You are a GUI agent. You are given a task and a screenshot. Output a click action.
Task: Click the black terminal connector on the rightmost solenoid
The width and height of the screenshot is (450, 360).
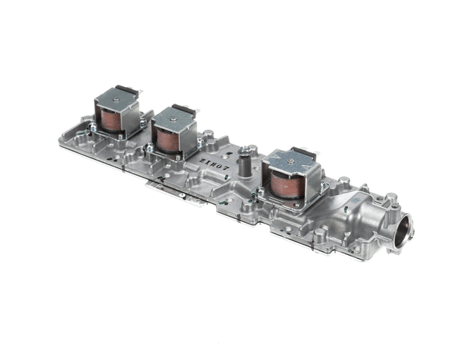(x=303, y=153)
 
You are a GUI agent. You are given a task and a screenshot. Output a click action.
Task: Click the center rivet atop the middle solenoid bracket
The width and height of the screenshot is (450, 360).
(x=173, y=117)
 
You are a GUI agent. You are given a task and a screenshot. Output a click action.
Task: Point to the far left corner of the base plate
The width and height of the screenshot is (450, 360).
(x=60, y=139)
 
